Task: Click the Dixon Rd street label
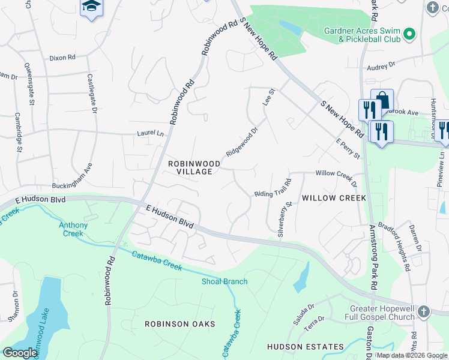[62, 58]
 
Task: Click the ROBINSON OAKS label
[179, 324]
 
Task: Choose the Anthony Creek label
[73, 229]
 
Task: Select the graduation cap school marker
[91, 7]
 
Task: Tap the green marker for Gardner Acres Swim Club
[409, 34]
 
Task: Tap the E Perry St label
[348, 149]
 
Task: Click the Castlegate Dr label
[92, 93]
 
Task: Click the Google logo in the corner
[20, 353]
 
